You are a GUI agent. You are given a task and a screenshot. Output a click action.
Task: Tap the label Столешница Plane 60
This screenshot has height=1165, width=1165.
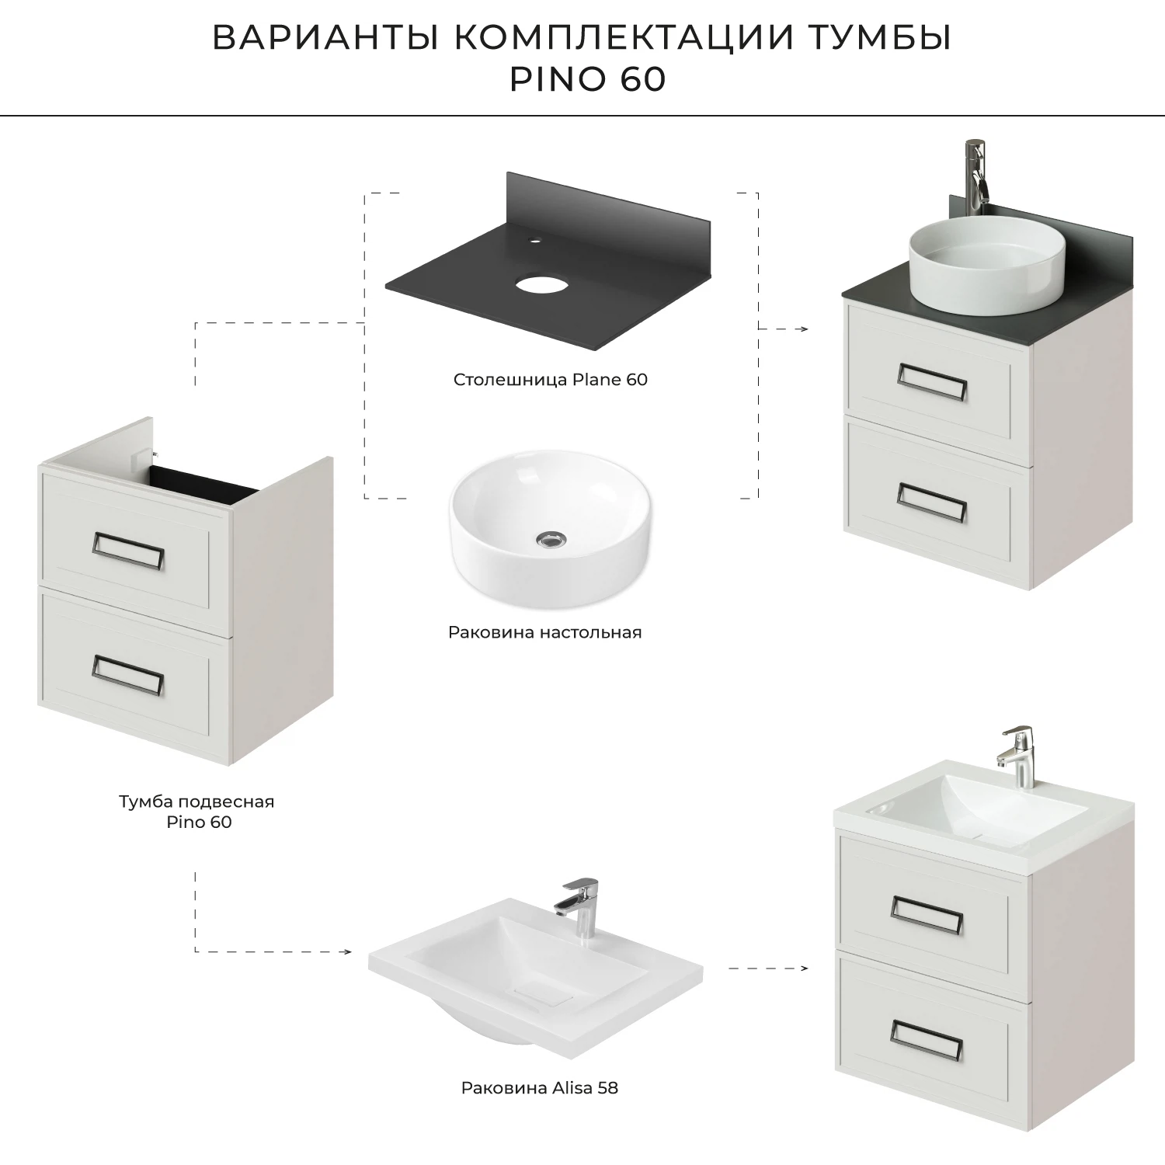[x=550, y=380]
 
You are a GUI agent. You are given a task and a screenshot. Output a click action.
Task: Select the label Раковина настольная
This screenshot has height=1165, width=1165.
[x=544, y=632]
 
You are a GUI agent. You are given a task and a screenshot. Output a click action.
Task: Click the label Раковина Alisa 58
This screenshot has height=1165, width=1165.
[x=540, y=1088]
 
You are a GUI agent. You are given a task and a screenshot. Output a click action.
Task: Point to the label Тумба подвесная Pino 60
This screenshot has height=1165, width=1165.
[x=197, y=812]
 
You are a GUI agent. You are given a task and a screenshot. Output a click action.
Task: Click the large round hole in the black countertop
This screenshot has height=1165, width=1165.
[x=541, y=283]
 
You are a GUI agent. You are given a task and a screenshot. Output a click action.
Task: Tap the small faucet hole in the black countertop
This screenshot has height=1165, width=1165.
[x=534, y=241]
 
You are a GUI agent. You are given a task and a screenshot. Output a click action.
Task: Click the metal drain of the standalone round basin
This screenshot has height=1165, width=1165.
[x=551, y=538]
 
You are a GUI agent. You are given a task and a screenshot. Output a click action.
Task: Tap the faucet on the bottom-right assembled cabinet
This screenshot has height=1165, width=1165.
[x=1019, y=755]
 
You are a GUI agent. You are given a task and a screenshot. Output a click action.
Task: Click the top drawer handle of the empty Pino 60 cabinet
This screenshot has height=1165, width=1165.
[x=128, y=551]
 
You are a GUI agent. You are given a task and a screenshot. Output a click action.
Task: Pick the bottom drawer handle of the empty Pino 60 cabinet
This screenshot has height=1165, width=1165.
[x=127, y=674]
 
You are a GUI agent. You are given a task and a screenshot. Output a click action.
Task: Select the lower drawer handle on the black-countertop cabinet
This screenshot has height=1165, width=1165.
[x=931, y=502]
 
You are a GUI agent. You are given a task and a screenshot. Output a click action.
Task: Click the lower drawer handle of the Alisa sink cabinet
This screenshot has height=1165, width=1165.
[x=927, y=1040]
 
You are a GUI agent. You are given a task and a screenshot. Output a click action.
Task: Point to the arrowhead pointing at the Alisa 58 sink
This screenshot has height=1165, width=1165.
[x=347, y=951]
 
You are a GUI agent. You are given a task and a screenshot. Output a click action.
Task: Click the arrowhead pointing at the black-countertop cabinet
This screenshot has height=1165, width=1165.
[x=805, y=329]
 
